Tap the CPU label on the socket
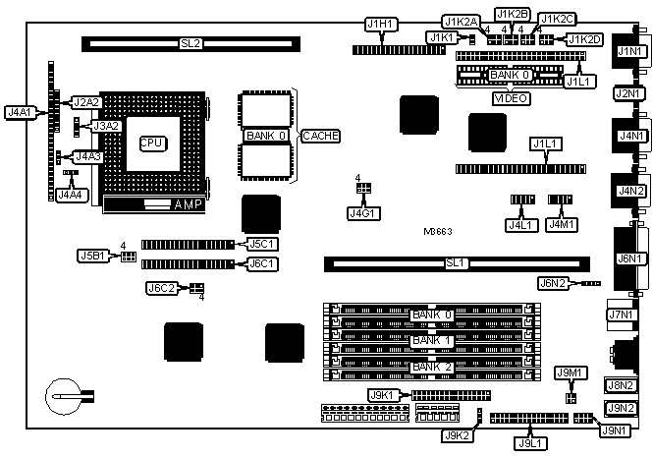click(x=151, y=143)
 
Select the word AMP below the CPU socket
click(x=187, y=205)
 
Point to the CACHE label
click(x=320, y=135)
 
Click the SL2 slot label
click(x=190, y=44)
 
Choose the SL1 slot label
click(x=454, y=262)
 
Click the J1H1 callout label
click(x=379, y=24)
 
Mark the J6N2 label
click(x=552, y=284)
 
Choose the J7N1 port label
click(x=621, y=315)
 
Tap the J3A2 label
click(x=105, y=126)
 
